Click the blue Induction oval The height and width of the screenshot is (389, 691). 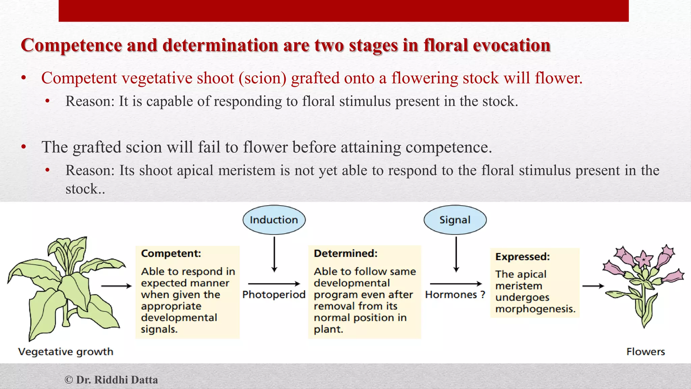tap(274, 220)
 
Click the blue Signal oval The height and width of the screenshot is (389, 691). tap(455, 220)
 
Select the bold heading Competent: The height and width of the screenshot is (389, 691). tap(171, 253)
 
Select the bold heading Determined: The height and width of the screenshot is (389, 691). tap(345, 253)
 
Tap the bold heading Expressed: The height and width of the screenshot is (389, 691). tap(522, 257)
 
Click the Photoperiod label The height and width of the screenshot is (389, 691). tap(274, 294)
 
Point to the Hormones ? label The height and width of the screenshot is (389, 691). tap(455, 294)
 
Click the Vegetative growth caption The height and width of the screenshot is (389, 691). tap(66, 352)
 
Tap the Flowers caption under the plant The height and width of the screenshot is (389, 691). tap(645, 352)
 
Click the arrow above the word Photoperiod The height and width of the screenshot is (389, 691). tap(274, 284)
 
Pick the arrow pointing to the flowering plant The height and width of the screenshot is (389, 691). tap(593, 286)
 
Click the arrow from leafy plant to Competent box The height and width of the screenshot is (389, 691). tap(116, 286)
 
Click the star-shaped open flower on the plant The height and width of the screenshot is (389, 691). tap(644, 259)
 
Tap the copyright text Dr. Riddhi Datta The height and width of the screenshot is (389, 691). tap(111, 380)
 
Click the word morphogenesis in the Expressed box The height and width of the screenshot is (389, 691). tap(535, 309)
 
